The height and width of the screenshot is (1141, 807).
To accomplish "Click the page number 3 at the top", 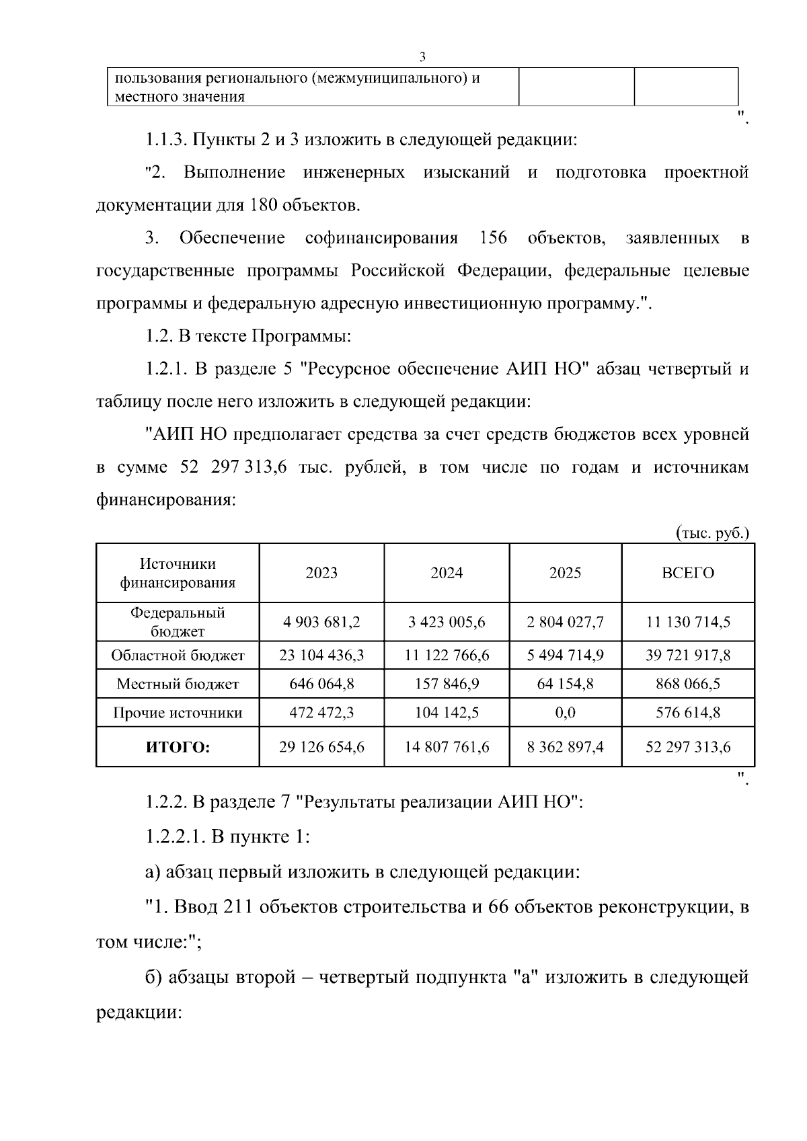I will pos(422,56).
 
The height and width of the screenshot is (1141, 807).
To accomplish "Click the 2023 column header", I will pos(321,573).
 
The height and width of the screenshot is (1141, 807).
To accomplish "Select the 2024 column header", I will pos(447,573).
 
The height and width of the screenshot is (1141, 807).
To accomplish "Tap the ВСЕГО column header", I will pos(687,573).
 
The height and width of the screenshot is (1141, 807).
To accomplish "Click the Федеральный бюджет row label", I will pos(178,622).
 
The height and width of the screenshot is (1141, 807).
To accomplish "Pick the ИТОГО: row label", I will pos(178,747).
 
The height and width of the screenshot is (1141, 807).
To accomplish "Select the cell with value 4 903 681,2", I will pos(321,622).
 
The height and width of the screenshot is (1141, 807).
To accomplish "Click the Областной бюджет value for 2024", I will pos(447,655).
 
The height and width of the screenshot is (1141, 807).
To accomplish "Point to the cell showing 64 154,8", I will pos(565,684).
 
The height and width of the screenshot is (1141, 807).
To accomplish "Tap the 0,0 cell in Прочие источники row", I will pos(565,713).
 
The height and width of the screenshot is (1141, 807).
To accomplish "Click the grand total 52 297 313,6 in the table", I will pos(687,747).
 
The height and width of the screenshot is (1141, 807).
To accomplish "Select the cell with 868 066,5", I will pos(687,684).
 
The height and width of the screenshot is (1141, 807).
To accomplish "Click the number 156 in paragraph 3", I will pos(494,238).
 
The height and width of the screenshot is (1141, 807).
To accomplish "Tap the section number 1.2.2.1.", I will pos(175,837).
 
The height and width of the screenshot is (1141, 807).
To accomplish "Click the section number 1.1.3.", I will pos(165,140).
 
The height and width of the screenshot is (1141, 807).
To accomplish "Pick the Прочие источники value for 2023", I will pos(321,713).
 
